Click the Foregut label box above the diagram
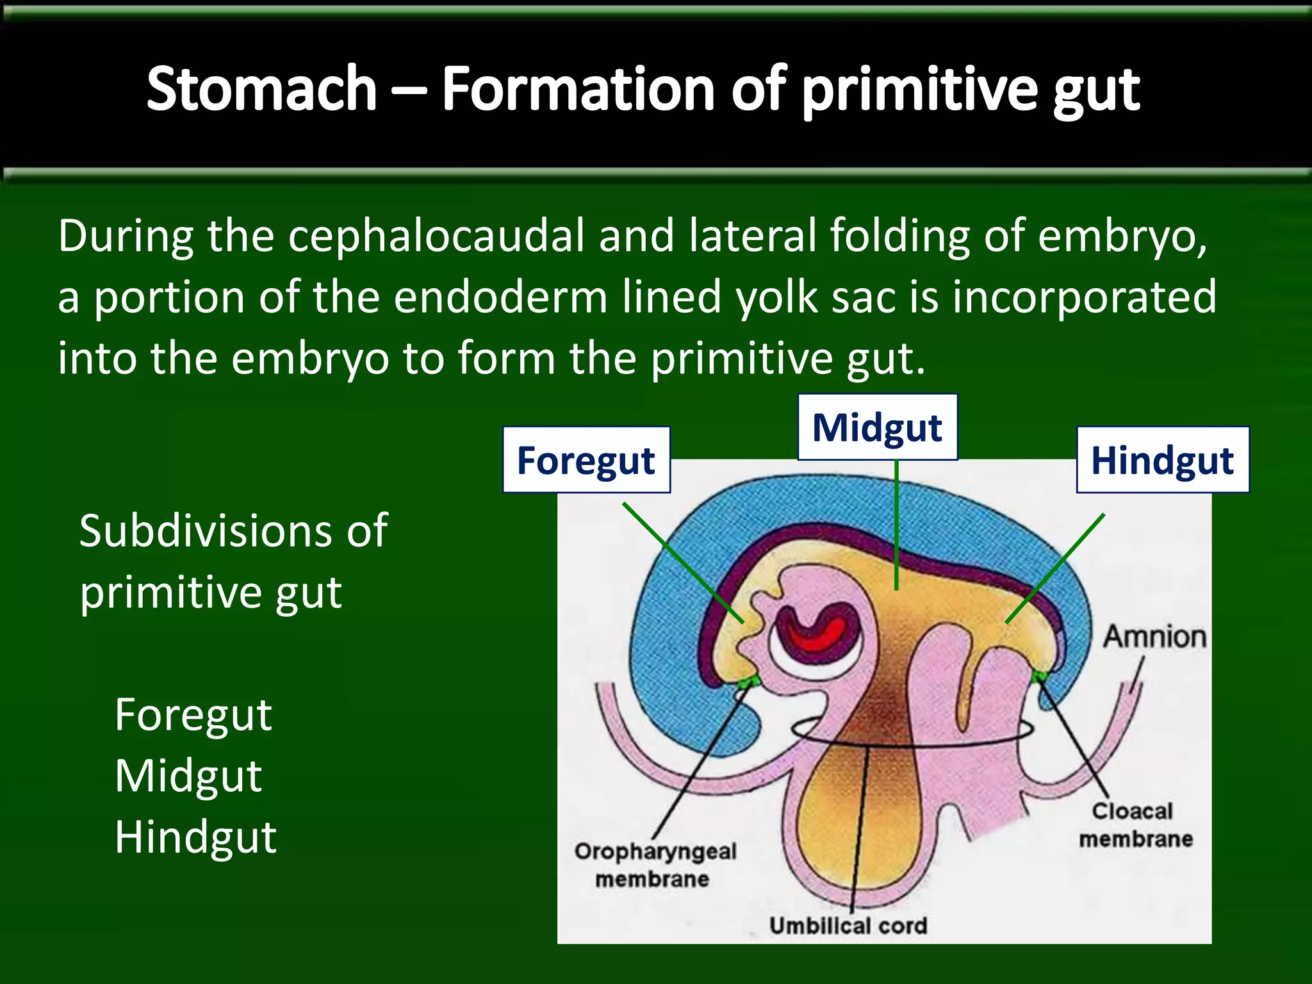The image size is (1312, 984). point(586,460)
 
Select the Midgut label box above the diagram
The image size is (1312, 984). point(877,427)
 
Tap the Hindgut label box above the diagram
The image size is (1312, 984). point(1162,460)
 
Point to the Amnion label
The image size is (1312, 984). point(1154,637)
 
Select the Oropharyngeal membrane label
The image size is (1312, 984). point(655,865)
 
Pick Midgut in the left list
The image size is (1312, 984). point(188,776)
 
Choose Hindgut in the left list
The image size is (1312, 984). point(195,837)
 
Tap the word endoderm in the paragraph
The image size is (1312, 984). point(500,297)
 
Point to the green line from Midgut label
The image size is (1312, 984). point(896,525)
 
